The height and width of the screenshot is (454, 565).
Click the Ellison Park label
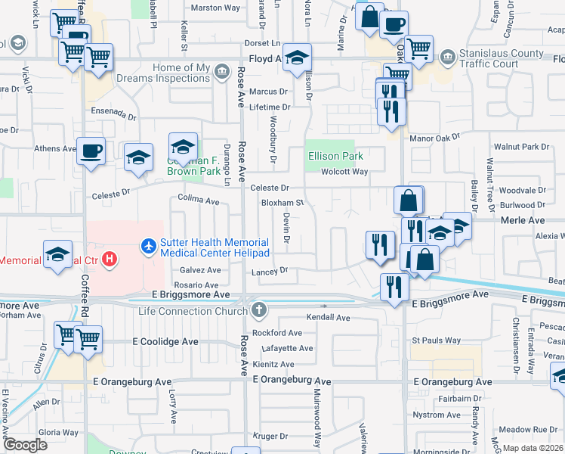[335, 157]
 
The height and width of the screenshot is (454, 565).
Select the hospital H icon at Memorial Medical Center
[110, 260]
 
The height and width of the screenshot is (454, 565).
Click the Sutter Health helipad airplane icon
[148, 246]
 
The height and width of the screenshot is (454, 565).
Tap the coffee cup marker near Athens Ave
[91, 151]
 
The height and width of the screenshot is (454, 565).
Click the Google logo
[25, 445]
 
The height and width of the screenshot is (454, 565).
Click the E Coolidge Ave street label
[165, 342]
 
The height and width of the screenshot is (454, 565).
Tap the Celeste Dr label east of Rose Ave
[270, 188]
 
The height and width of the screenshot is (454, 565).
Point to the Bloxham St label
[282, 203]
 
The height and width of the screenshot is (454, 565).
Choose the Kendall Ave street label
[329, 318]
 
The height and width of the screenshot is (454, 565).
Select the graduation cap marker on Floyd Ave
[298, 58]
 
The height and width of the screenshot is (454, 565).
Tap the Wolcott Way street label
[344, 172]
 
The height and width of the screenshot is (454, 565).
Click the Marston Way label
[215, 8]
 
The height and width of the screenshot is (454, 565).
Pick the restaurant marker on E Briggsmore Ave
[394, 287]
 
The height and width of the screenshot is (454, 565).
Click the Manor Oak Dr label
[435, 139]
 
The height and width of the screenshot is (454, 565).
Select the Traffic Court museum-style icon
[448, 55]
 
